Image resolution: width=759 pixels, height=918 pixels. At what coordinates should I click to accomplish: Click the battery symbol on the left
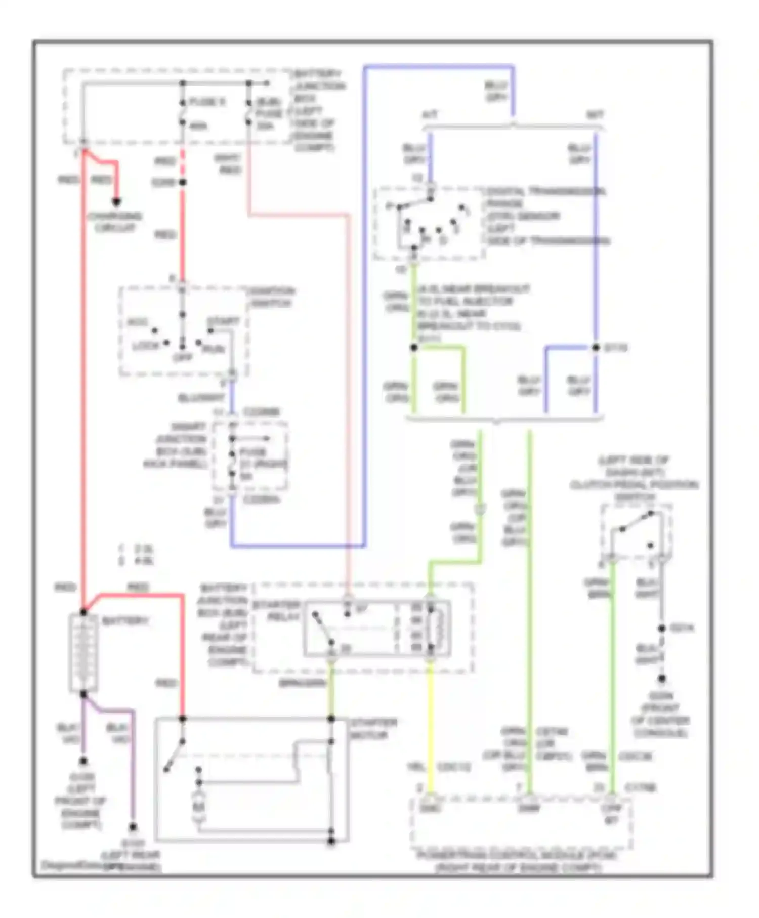pyautogui.click(x=83, y=653)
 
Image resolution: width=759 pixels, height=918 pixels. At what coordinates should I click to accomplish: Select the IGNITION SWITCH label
pyautogui.click(x=270, y=298)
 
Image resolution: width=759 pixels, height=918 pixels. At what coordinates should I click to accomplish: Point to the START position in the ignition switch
pyautogui.click(x=223, y=322)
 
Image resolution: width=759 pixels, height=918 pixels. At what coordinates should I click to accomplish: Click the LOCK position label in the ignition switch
pyautogui.click(x=145, y=346)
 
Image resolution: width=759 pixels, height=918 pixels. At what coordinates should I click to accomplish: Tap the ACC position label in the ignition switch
pyautogui.click(x=137, y=322)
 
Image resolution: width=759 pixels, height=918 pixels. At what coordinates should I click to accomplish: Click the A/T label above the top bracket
pyautogui.click(x=430, y=115)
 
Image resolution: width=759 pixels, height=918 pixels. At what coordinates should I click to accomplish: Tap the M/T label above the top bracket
pyautogui.click(x=595, y=115)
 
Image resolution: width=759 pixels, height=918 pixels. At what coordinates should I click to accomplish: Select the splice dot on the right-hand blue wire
pyautogui.click(x=596, y=348)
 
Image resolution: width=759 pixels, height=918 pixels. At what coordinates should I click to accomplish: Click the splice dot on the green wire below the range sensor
pyautogui.click(x=414, y=348)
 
